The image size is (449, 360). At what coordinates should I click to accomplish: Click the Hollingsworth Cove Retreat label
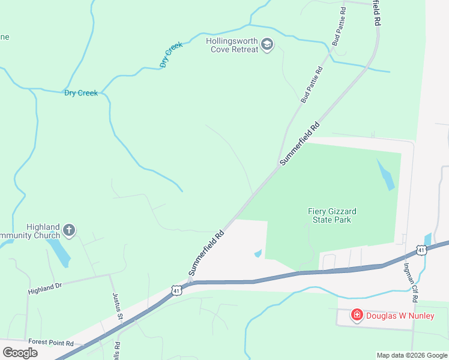(232, 45)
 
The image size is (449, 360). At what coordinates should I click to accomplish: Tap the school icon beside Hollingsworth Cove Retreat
(267, 44)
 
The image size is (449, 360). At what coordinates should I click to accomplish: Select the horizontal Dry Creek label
(81, 93)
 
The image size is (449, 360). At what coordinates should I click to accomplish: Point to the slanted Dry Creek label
(171, 55)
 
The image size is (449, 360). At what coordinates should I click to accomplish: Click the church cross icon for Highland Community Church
(69, 230)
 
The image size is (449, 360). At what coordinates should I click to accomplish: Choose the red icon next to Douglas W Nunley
(357, 315)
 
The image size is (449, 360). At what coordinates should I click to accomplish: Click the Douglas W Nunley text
(400, 316)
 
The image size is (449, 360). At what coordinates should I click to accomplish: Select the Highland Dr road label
(45, 289)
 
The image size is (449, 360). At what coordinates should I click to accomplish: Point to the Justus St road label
(118, 306)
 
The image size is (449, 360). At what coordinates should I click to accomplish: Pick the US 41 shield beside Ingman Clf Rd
(422, 250)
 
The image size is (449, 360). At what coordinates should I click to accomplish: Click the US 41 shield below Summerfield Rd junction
(176, 290)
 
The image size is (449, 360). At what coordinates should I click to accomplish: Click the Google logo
(20, 353)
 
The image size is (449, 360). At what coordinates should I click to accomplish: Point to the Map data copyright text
(411, 355)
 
